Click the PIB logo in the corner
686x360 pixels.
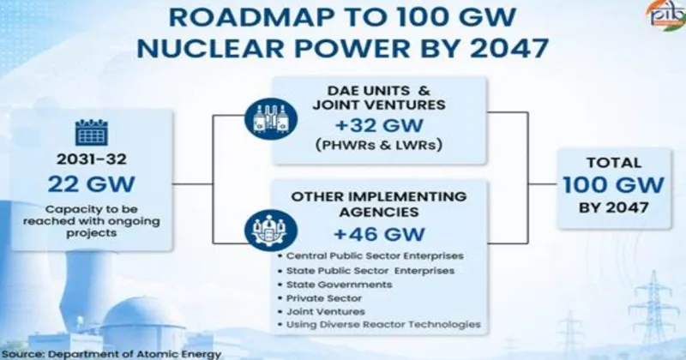coord(666,15)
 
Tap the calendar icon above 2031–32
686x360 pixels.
coord(92,132)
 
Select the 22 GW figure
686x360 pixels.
coord(92,184)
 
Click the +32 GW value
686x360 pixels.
coord(379,126)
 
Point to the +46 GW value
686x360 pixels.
coord(379,235)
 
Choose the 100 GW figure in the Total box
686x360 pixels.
coord(613,185)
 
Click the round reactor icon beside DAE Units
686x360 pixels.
coord(271,119)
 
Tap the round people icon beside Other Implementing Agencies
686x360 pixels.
coord(271,231)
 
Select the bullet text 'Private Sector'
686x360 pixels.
coord(324,298)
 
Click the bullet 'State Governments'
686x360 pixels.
coord(339,285)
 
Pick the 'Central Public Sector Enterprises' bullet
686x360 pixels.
coord(375,256)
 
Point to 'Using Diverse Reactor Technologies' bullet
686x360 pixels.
coord(383,325)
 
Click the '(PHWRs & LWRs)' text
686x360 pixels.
coord(379,145)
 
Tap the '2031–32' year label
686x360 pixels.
coord(92,159)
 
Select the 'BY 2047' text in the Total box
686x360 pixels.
coord(613,207)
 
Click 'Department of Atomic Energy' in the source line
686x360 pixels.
coord(135,354)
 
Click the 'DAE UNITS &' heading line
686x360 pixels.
coord(379,91)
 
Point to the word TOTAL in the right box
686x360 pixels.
coord(613,163)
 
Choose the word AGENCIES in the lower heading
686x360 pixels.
coord(379,213)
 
